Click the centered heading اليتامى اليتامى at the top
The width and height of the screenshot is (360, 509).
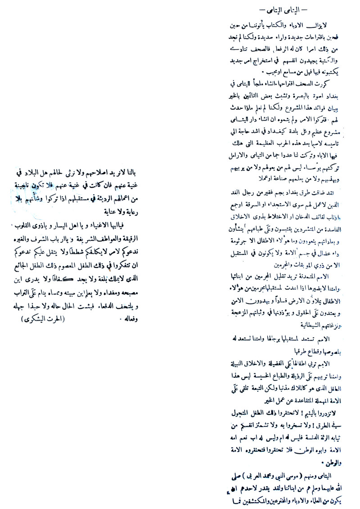(280, 9)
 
